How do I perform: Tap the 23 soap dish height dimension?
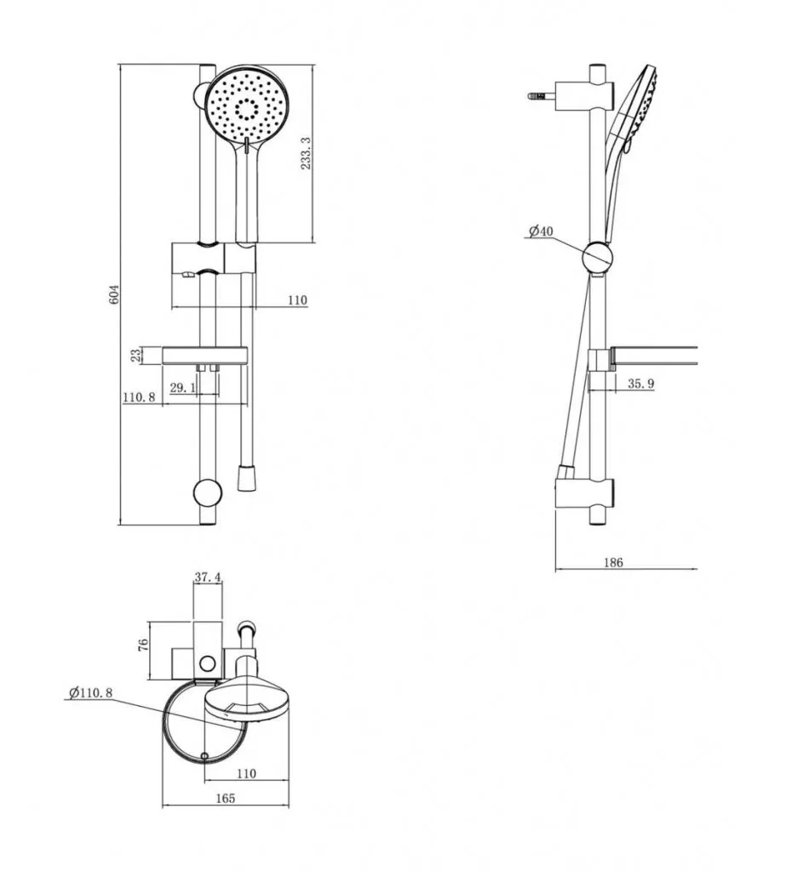click(x=135, y=356)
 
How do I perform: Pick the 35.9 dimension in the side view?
click(x=640, y=384)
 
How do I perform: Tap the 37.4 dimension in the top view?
click(x=209, y=577)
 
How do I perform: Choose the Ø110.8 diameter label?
click(x=89, y=693)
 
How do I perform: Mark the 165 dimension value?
click(x=225, y=798)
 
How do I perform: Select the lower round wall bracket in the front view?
click(x=208, y=493)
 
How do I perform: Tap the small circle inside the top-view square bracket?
click(x=206, y=663)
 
